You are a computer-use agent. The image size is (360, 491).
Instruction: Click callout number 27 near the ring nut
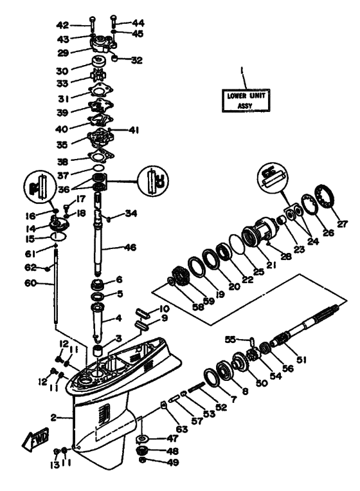pyautogui.click(x=343, y=225)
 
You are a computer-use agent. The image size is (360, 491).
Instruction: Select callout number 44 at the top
pyautogui.click(x=138, y=22)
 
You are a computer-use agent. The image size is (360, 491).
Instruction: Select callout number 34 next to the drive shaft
pyautogui.click(x=131, y=213)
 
